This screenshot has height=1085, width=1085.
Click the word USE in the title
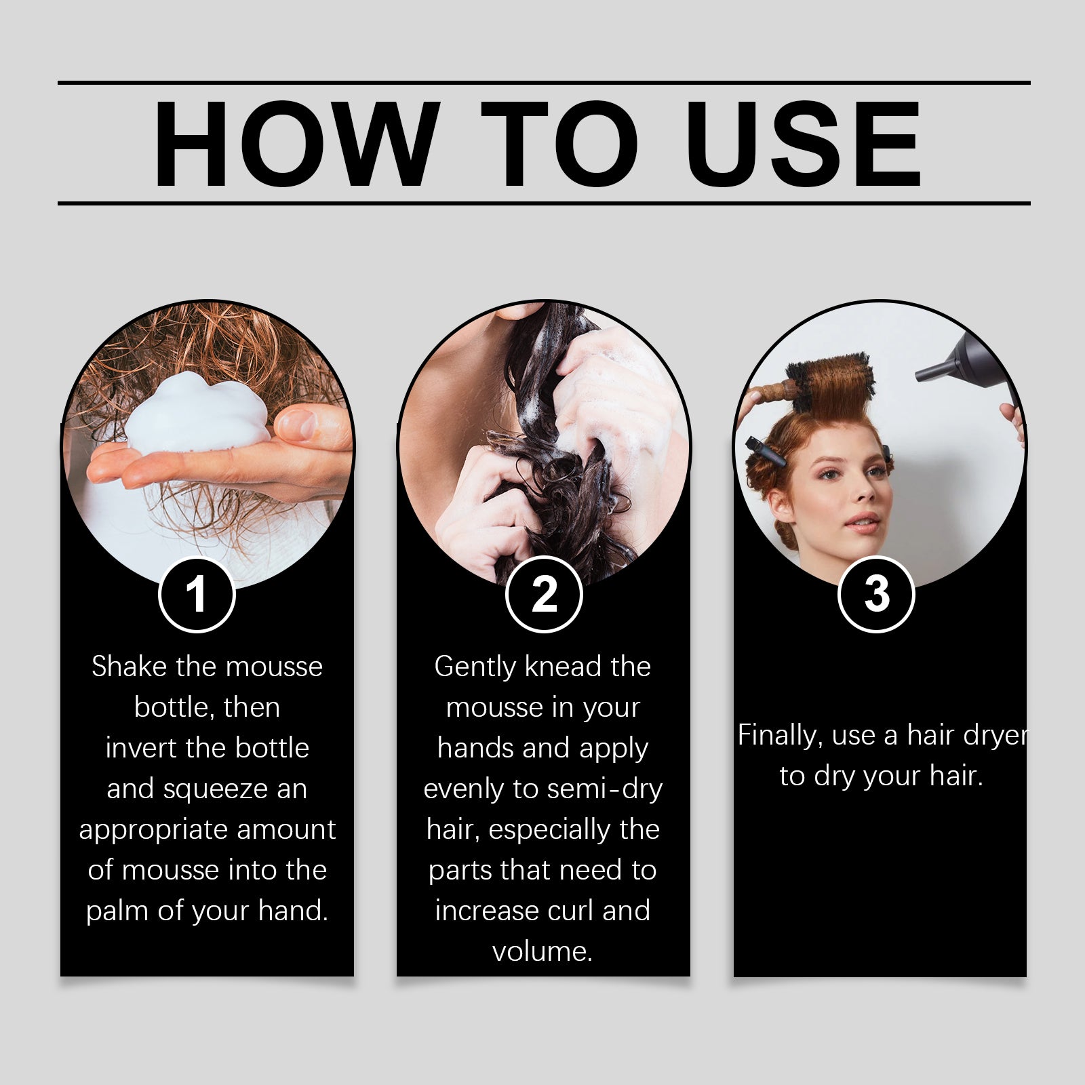coord(804,144)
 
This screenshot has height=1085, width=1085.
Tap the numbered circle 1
coord(197,595)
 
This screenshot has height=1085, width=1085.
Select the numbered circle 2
coord(544,595)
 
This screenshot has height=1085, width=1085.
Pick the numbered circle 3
coord(876,594)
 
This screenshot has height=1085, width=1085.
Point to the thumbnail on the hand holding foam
coord(299,425)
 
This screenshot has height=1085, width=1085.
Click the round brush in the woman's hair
coord(831,384)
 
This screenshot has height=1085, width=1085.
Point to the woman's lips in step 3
coord(862,522)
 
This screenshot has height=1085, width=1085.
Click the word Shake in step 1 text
coord(129,667)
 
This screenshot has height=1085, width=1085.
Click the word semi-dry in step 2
coord(605,789)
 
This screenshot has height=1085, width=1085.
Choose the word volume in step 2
coord(542,951)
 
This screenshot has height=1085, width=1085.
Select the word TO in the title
coord(559,144)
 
